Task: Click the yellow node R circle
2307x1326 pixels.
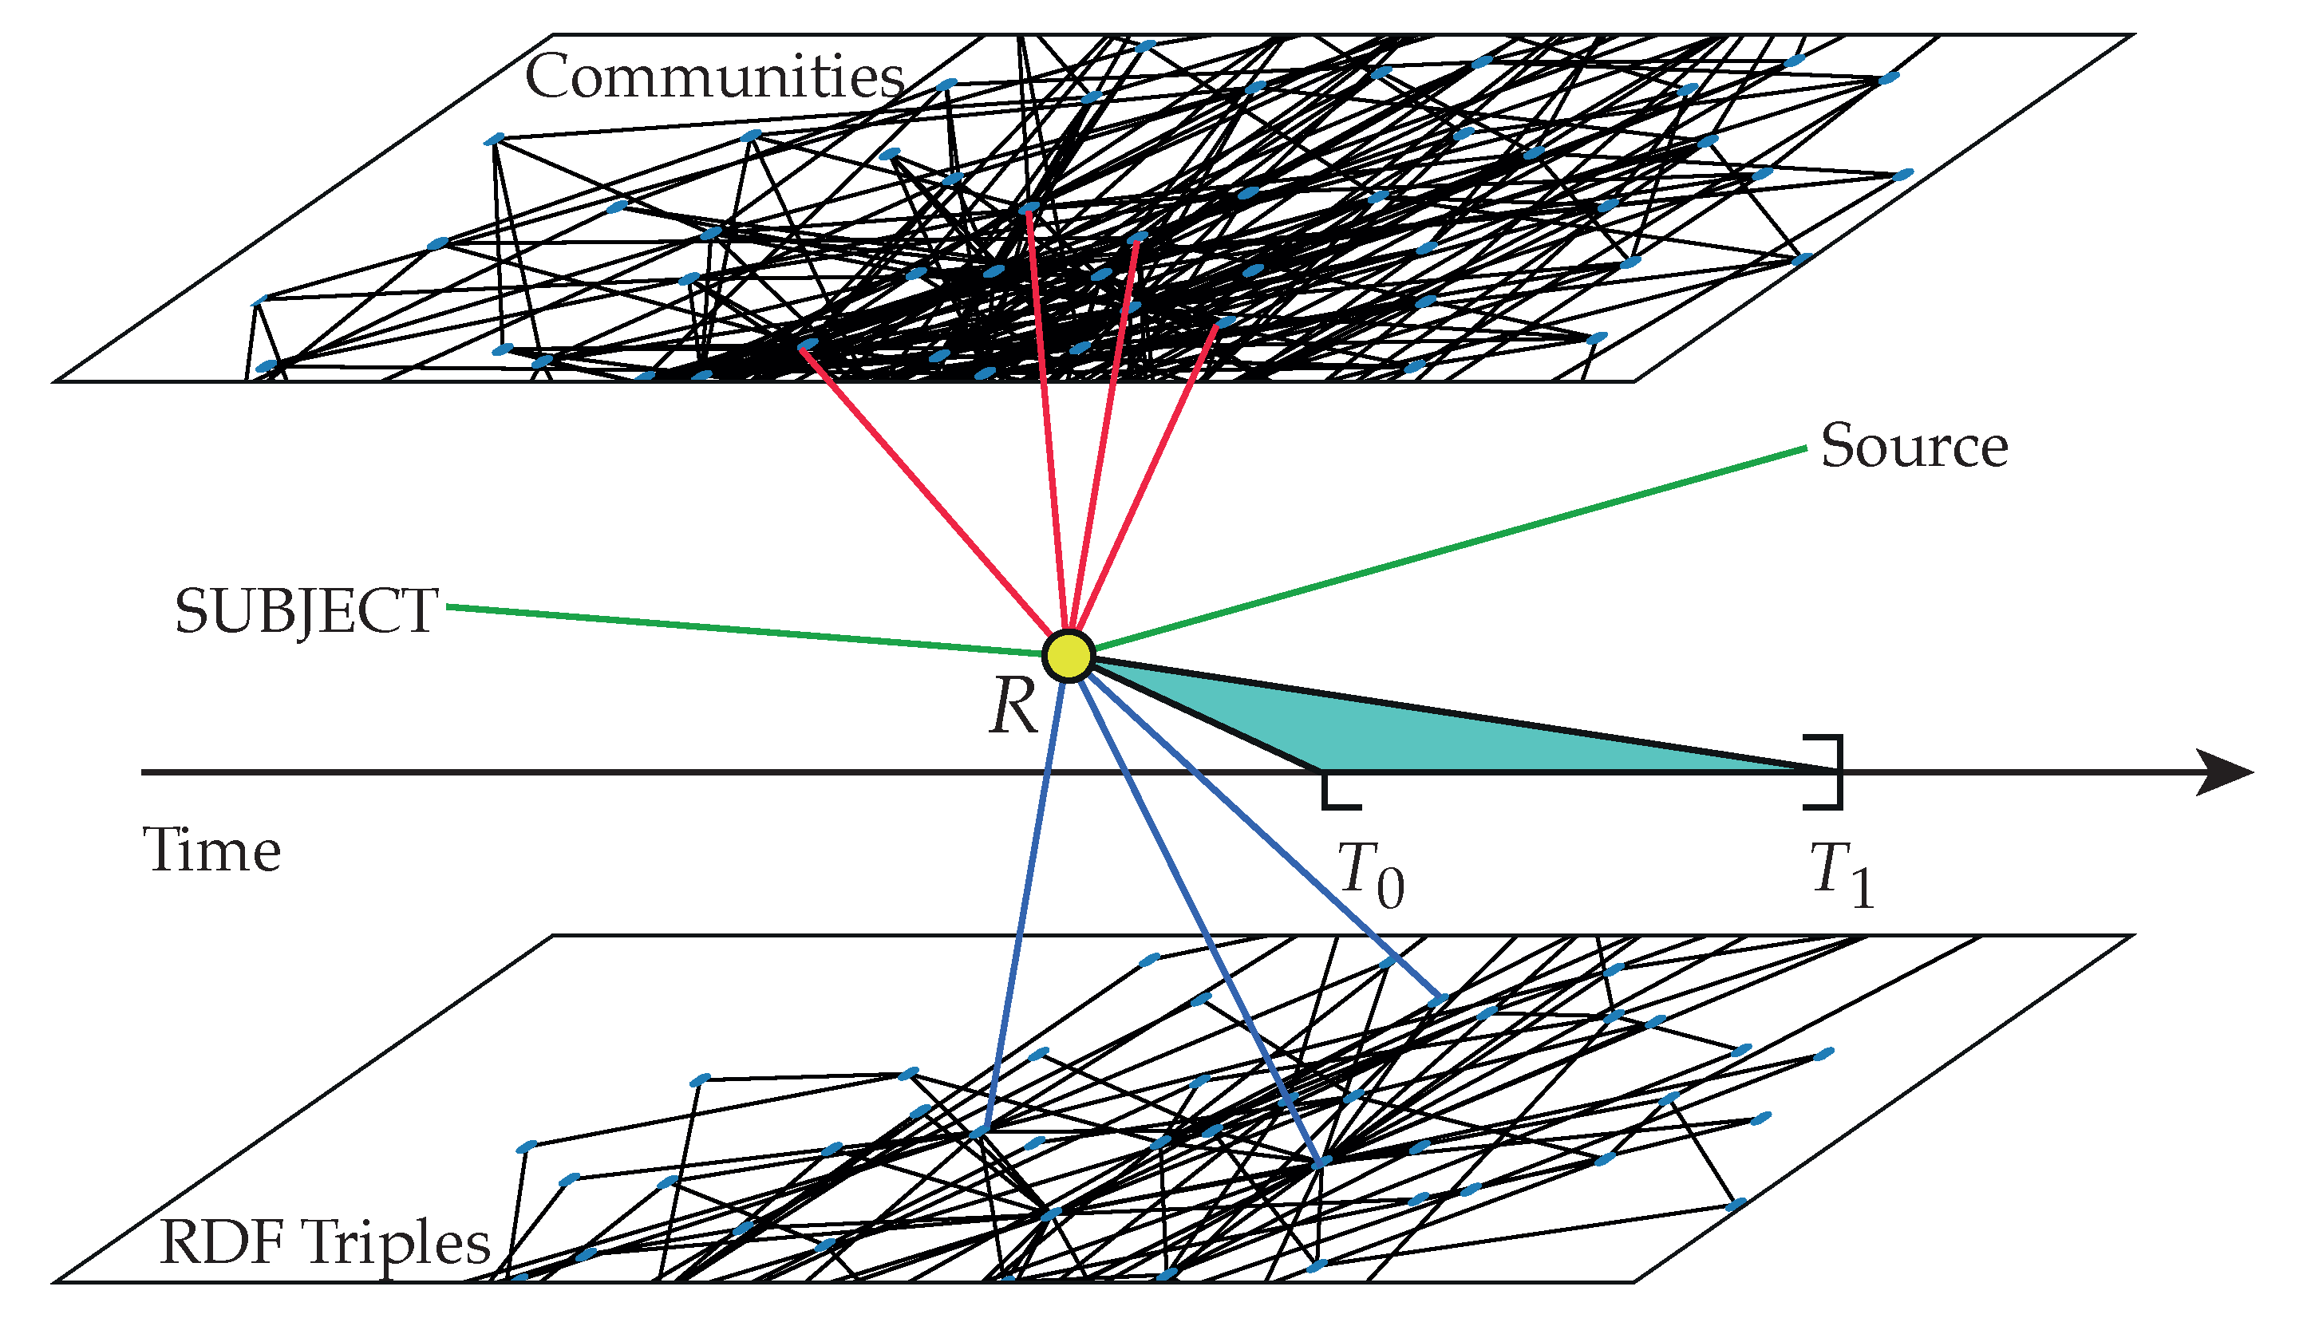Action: pos(1069,656)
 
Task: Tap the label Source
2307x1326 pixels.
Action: pos(1914,446)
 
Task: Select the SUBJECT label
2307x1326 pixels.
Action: pos(306,611)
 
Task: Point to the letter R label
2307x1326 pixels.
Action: pos(1013,707)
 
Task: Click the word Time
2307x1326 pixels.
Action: pos(211,850)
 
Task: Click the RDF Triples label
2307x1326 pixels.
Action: pos(324,1242)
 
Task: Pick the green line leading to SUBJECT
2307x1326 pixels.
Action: pos(747,630)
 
